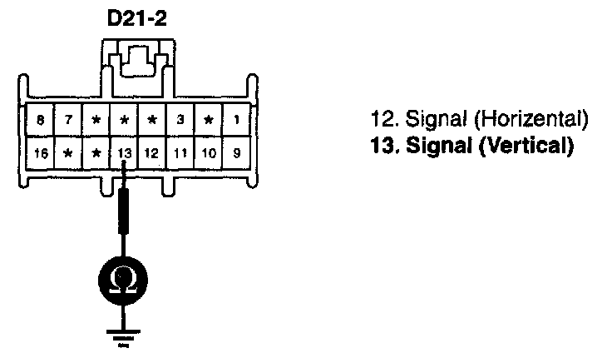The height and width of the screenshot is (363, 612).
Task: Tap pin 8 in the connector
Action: [41, 120]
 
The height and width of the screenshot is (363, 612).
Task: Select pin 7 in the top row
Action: [69, 120]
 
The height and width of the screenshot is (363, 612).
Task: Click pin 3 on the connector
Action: [181, 120]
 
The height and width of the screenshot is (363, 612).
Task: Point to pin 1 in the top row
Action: [237, 120]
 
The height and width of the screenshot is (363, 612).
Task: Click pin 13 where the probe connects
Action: [125, 152]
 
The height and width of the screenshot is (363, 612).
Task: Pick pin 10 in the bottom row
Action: [209, 152]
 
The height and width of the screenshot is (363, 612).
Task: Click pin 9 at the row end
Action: [237, 152]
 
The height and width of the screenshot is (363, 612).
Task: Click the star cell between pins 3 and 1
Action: [209, 120]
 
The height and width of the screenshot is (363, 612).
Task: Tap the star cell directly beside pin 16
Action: [69, 152]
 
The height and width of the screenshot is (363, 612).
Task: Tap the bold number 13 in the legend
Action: [379, 147]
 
